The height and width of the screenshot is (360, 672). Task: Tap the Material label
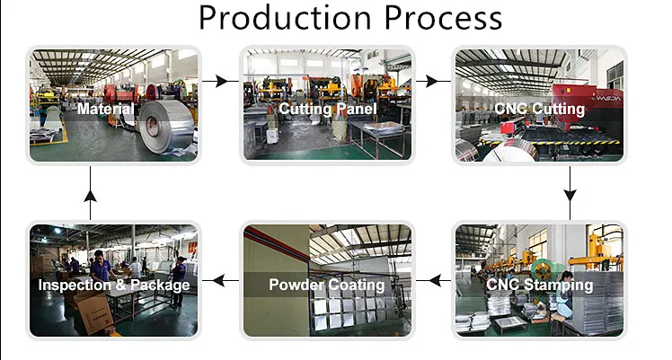(x=106, y=110)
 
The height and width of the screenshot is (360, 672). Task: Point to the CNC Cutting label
(x=539, y=110)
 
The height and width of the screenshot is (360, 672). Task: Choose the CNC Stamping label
(x=539, y=285)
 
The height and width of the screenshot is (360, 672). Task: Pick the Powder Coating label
(x=327, y=285)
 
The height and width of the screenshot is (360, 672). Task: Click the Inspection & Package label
(x=113, y=285)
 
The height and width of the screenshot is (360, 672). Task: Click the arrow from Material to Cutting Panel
(x=216, y=81)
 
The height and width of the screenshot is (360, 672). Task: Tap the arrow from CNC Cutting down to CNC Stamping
(x=570, y=197)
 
